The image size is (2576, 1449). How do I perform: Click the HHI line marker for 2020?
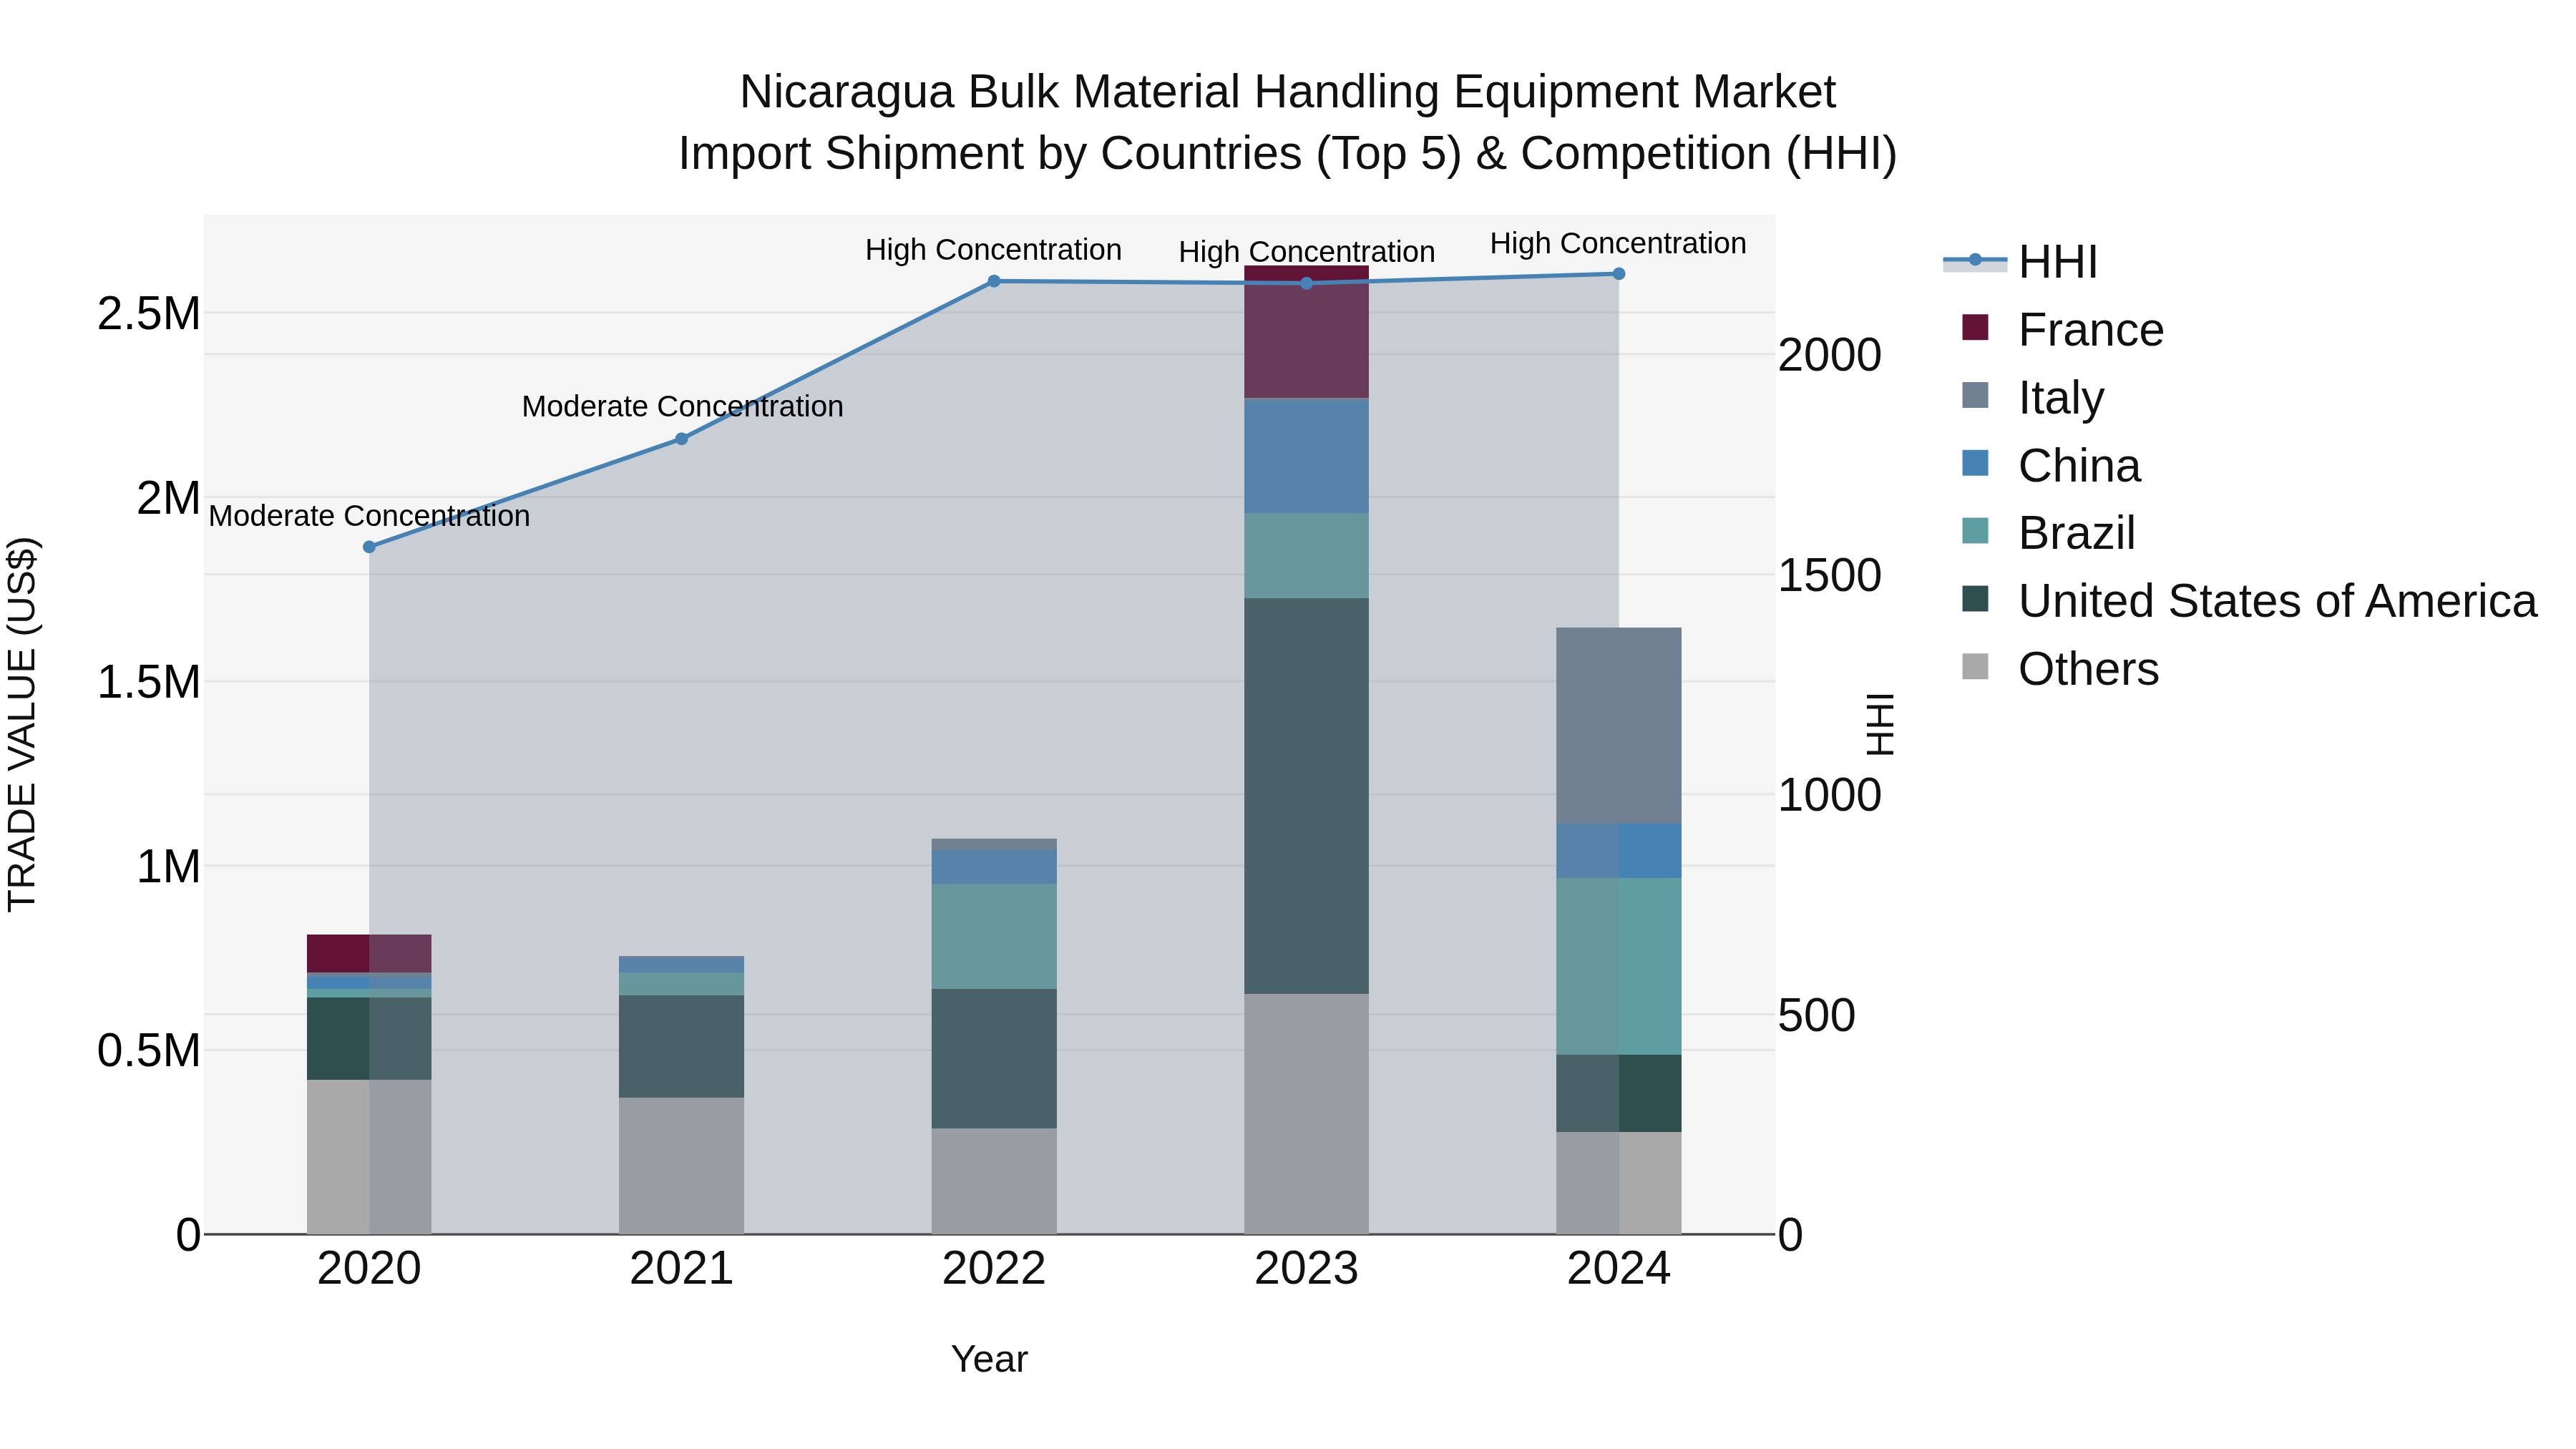369,547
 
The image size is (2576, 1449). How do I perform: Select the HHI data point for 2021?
681,439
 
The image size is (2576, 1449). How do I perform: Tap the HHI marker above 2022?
994,282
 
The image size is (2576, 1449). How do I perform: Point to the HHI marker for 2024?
1619,274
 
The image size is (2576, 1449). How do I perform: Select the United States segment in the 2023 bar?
1306,795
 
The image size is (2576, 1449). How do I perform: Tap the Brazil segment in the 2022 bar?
994,936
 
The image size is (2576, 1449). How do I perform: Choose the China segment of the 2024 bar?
1619,851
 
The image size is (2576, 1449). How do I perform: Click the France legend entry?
2090,330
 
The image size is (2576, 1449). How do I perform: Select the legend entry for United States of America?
2276,601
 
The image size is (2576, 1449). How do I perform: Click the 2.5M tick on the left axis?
148,314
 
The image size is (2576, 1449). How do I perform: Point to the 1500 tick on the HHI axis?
1829,576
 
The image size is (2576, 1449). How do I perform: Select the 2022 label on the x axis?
994,1269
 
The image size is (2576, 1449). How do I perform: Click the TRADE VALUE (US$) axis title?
22,724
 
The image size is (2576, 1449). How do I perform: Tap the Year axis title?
989,1359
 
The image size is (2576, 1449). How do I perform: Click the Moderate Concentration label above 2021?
682,407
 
